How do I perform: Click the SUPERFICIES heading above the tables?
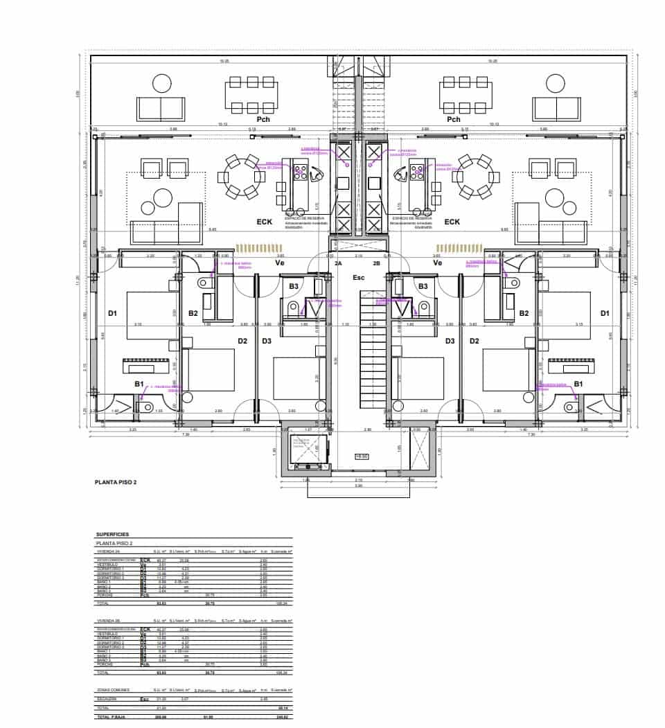(112, 535)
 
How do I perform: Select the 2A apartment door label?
(338, 263)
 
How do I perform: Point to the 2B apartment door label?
(376, 263)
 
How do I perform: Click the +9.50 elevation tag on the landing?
(361, 456)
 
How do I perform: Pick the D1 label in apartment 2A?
(112, 313)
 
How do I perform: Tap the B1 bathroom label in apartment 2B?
(578, 384)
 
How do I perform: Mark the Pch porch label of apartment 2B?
(454, 120)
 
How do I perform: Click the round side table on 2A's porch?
(161, 84)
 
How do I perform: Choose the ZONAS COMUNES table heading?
(109, 691)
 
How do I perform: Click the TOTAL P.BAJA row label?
(109, 718)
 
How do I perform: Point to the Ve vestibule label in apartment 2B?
(438, 263)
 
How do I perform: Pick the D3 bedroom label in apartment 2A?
(267, 341)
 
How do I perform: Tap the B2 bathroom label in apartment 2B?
(524, 313)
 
